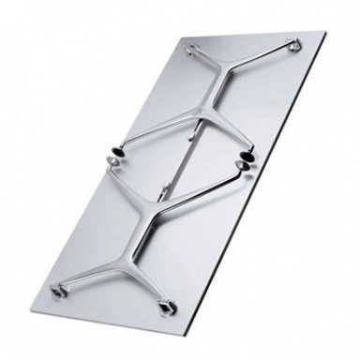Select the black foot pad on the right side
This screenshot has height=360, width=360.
coord(249,154)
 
